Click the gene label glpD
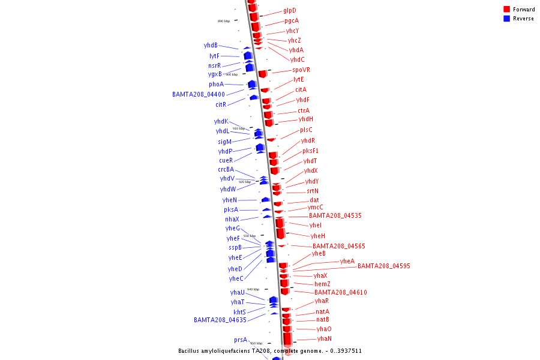tap(290, 10)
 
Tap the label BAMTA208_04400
tap(199, 94)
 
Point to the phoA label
tap(217, 84)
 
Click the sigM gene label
tap(225, 142)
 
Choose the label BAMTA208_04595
tap(384, 266)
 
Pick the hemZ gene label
tap(322, 284)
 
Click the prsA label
tap(241, 340)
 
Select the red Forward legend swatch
tap(507, 10)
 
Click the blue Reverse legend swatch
tap(507, 19)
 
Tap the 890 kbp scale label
tap(224, 21)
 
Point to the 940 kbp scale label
tap(253, 289)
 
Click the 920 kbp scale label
tap(245, 182)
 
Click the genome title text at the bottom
tap(270, 350)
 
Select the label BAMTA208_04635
tap(220, 320)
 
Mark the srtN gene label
tap(313, 191)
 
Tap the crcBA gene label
tap(226, 169)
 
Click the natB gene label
tap(323, 319)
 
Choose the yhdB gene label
tap(211, 45)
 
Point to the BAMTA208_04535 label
tap(335, 215)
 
